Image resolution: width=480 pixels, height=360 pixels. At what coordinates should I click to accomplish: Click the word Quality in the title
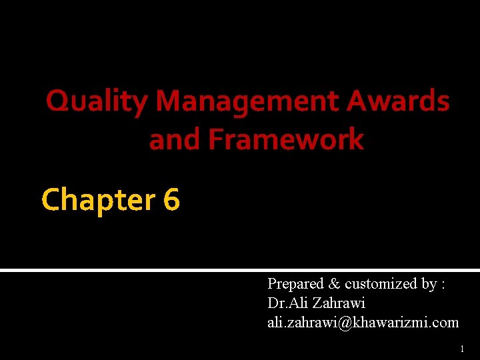[97, 102]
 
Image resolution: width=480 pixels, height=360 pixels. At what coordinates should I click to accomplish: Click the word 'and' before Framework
[175, 139]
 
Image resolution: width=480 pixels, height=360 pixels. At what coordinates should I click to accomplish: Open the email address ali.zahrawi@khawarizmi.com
[363, 323]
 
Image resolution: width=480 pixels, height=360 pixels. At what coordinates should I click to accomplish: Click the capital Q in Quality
[57, 102]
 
